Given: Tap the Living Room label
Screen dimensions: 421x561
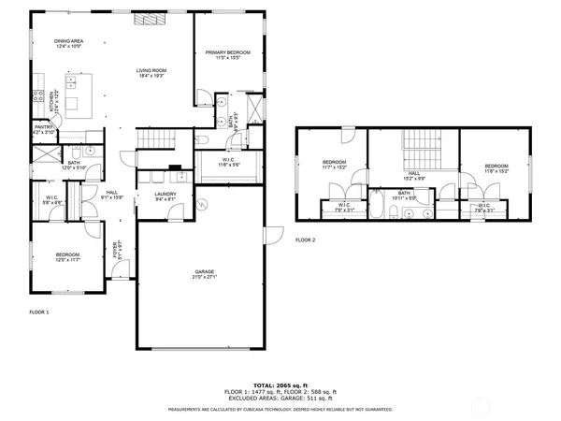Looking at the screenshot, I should [x=151, y=72].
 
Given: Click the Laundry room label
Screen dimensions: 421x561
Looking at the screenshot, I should [x=166, y=196].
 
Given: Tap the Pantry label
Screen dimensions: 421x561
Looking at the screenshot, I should [x=43, y=129].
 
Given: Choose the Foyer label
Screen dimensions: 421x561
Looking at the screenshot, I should [x=118, y=252].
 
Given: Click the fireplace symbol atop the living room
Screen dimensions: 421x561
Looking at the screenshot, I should [x=145, y=18].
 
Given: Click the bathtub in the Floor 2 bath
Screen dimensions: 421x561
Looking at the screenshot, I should [x=380, y=210].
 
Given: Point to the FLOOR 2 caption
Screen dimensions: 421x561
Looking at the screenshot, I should [x=306, y=240].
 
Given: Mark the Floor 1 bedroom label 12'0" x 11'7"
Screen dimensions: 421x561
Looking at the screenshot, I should [x=67, y=256].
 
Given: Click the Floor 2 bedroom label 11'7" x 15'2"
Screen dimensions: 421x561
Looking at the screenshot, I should [x=335, y=166].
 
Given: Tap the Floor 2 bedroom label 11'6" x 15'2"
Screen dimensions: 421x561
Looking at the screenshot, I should [x=496, y=168].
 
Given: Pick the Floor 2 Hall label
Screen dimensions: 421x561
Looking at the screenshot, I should [x=411, y=175].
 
